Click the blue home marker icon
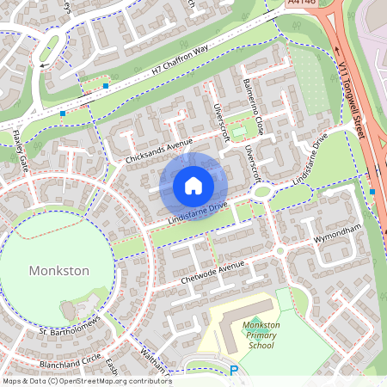[193, 186]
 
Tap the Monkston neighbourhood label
[59, 270]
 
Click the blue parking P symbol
[233, 371]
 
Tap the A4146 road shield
[300, 4]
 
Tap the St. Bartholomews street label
[71, 324]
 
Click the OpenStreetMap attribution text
[86, 381]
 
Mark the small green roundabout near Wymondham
[280, 251]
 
